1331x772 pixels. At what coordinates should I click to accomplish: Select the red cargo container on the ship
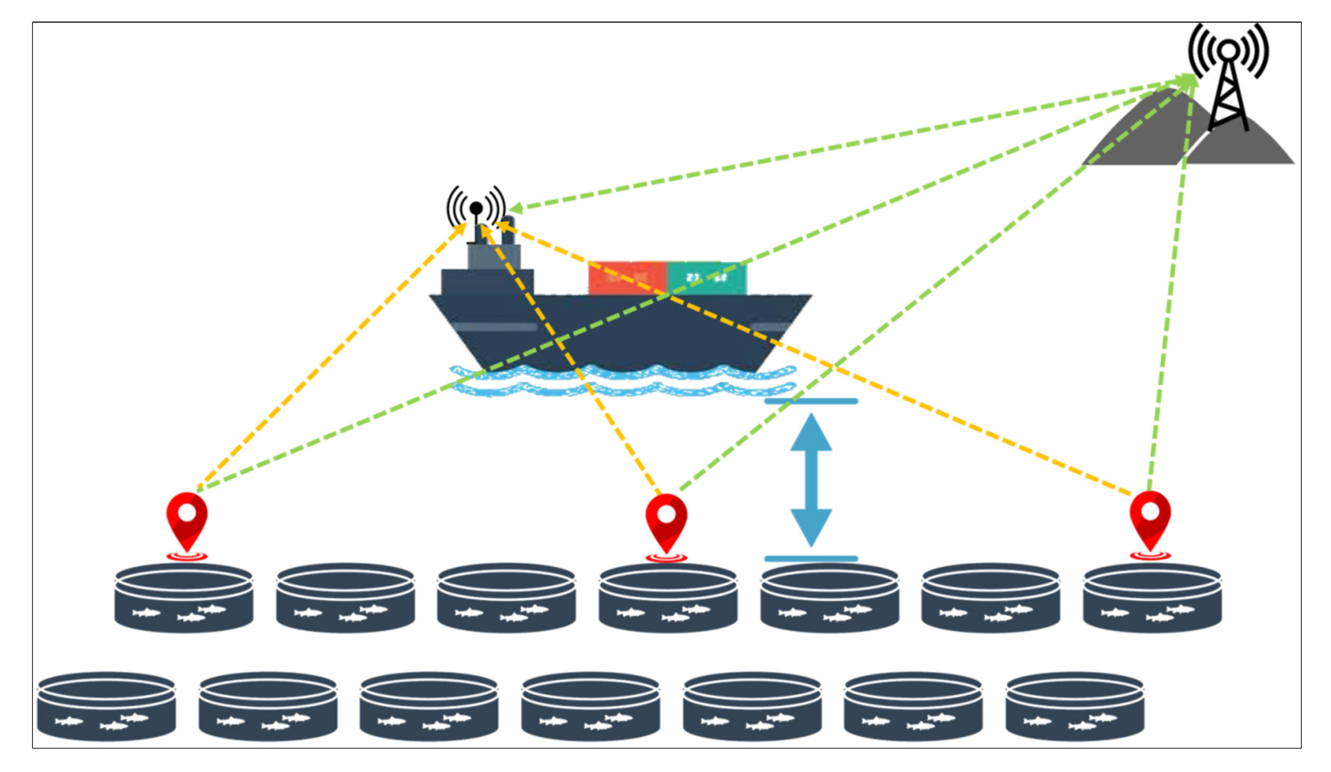coord(627,278)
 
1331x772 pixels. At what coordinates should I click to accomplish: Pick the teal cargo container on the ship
coord(707,278)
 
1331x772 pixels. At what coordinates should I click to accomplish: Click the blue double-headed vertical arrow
coord(811,480)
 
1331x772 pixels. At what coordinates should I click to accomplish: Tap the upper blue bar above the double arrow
coord(811,402)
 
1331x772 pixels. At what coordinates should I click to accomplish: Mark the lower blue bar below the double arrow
coord(811,559)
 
